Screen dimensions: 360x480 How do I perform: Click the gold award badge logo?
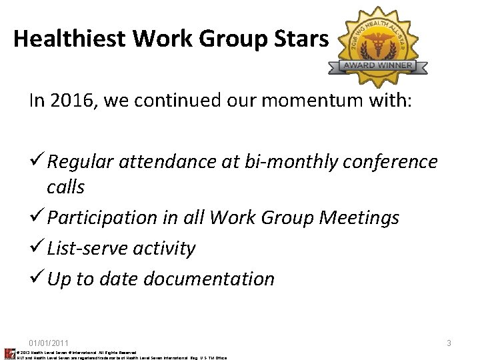pyautogui.click(x=377, y=47)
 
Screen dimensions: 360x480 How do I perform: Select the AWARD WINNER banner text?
pyautogui.click(x=377, y=66)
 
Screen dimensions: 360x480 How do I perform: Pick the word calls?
pyautogui.click(x=65, y=187)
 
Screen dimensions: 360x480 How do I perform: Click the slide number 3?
pyautogui.click(x=449, y=343)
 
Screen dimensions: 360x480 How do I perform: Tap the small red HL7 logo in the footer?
pyautogui.click(x=9, y=353)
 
